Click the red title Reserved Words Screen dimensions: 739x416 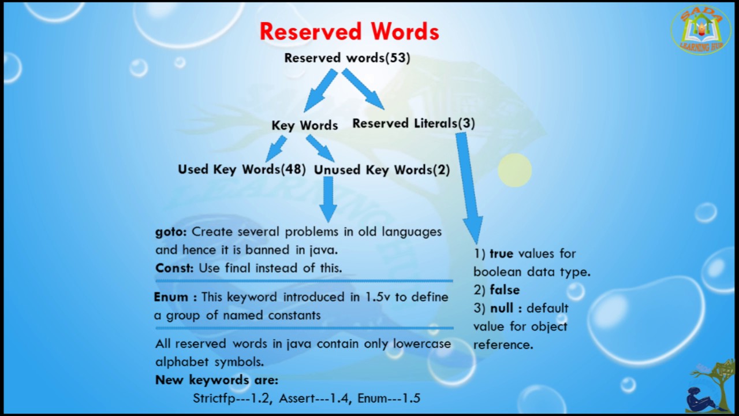349,32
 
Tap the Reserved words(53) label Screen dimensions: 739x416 347,58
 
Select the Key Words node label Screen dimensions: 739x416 305,125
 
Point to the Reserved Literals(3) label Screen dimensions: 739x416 414,124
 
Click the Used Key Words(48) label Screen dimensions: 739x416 242,169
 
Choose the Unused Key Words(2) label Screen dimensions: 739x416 382,170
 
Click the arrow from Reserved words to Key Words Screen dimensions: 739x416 319,90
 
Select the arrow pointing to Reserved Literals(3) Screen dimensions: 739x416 363,88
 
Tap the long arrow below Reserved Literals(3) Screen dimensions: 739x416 469,188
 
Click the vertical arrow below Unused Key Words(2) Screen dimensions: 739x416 329,199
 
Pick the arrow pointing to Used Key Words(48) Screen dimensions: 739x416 276,148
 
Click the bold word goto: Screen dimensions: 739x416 171,232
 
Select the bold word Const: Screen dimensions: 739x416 174,268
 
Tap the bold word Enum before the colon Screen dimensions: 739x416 171,297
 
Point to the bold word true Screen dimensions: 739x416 502,254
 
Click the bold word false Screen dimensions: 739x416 505,290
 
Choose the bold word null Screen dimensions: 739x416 502,309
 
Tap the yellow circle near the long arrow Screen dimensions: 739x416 514,170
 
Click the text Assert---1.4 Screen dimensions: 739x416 313,398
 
